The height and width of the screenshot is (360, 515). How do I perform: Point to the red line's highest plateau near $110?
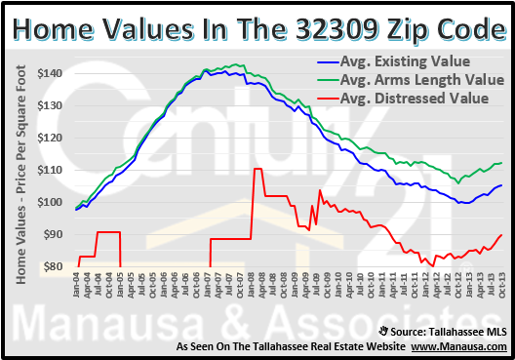click(257, 170)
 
